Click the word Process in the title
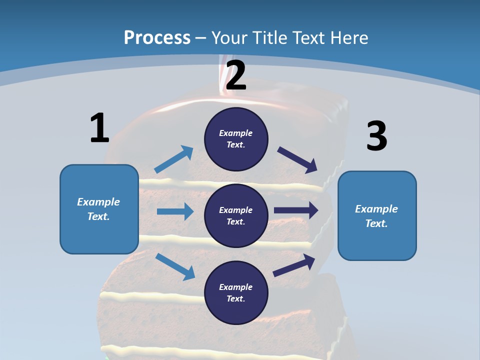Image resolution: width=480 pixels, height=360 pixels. click(157, 37)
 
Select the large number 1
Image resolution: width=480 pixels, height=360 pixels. click(99, 128)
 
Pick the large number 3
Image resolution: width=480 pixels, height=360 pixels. click(377, 136)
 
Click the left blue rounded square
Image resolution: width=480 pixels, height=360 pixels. click(99, 209)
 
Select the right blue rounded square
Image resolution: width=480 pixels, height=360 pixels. click(377, 216)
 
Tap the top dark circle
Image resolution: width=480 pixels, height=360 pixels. click(236, 139)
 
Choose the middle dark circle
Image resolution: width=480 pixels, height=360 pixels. click(236, 215)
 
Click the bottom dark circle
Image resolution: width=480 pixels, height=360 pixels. click(236, 292)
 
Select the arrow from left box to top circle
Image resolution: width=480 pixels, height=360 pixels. click(174, 159)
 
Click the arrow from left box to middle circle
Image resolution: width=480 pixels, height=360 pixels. click(175, 211)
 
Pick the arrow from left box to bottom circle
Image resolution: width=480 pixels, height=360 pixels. click(175, 266)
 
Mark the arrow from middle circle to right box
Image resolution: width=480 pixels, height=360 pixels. click(296, 210)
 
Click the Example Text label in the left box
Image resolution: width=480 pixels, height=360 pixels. click(98, 209)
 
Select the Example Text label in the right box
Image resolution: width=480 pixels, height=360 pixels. click(376, 216)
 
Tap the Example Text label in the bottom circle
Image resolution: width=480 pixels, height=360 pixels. click(235, 292)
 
